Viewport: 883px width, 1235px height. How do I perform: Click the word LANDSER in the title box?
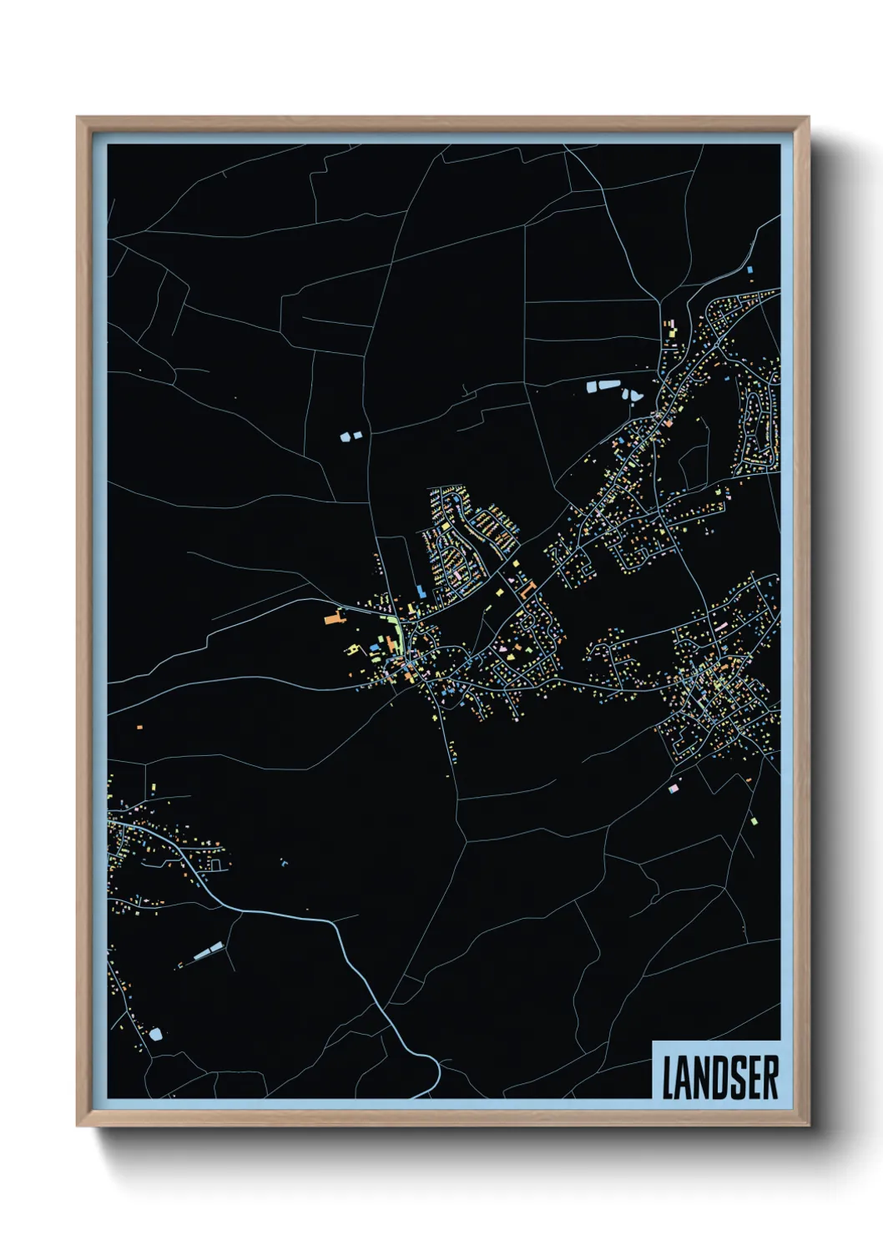720,1076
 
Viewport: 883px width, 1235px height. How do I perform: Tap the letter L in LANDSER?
669,1076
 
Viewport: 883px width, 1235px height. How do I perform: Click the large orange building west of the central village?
334,618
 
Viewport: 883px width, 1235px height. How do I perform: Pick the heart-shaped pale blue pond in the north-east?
631,394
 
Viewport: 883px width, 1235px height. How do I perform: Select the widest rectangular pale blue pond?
603,386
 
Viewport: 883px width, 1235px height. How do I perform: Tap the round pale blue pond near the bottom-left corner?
155,1035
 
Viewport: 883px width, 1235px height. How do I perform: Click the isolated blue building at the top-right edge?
749,270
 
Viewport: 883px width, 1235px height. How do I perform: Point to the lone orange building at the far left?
139,727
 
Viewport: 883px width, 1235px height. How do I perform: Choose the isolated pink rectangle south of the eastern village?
674,787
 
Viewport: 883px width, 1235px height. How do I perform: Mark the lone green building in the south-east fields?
754,821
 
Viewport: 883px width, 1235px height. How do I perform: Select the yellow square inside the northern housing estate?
500,592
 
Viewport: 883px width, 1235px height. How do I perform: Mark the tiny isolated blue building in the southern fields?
284,862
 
